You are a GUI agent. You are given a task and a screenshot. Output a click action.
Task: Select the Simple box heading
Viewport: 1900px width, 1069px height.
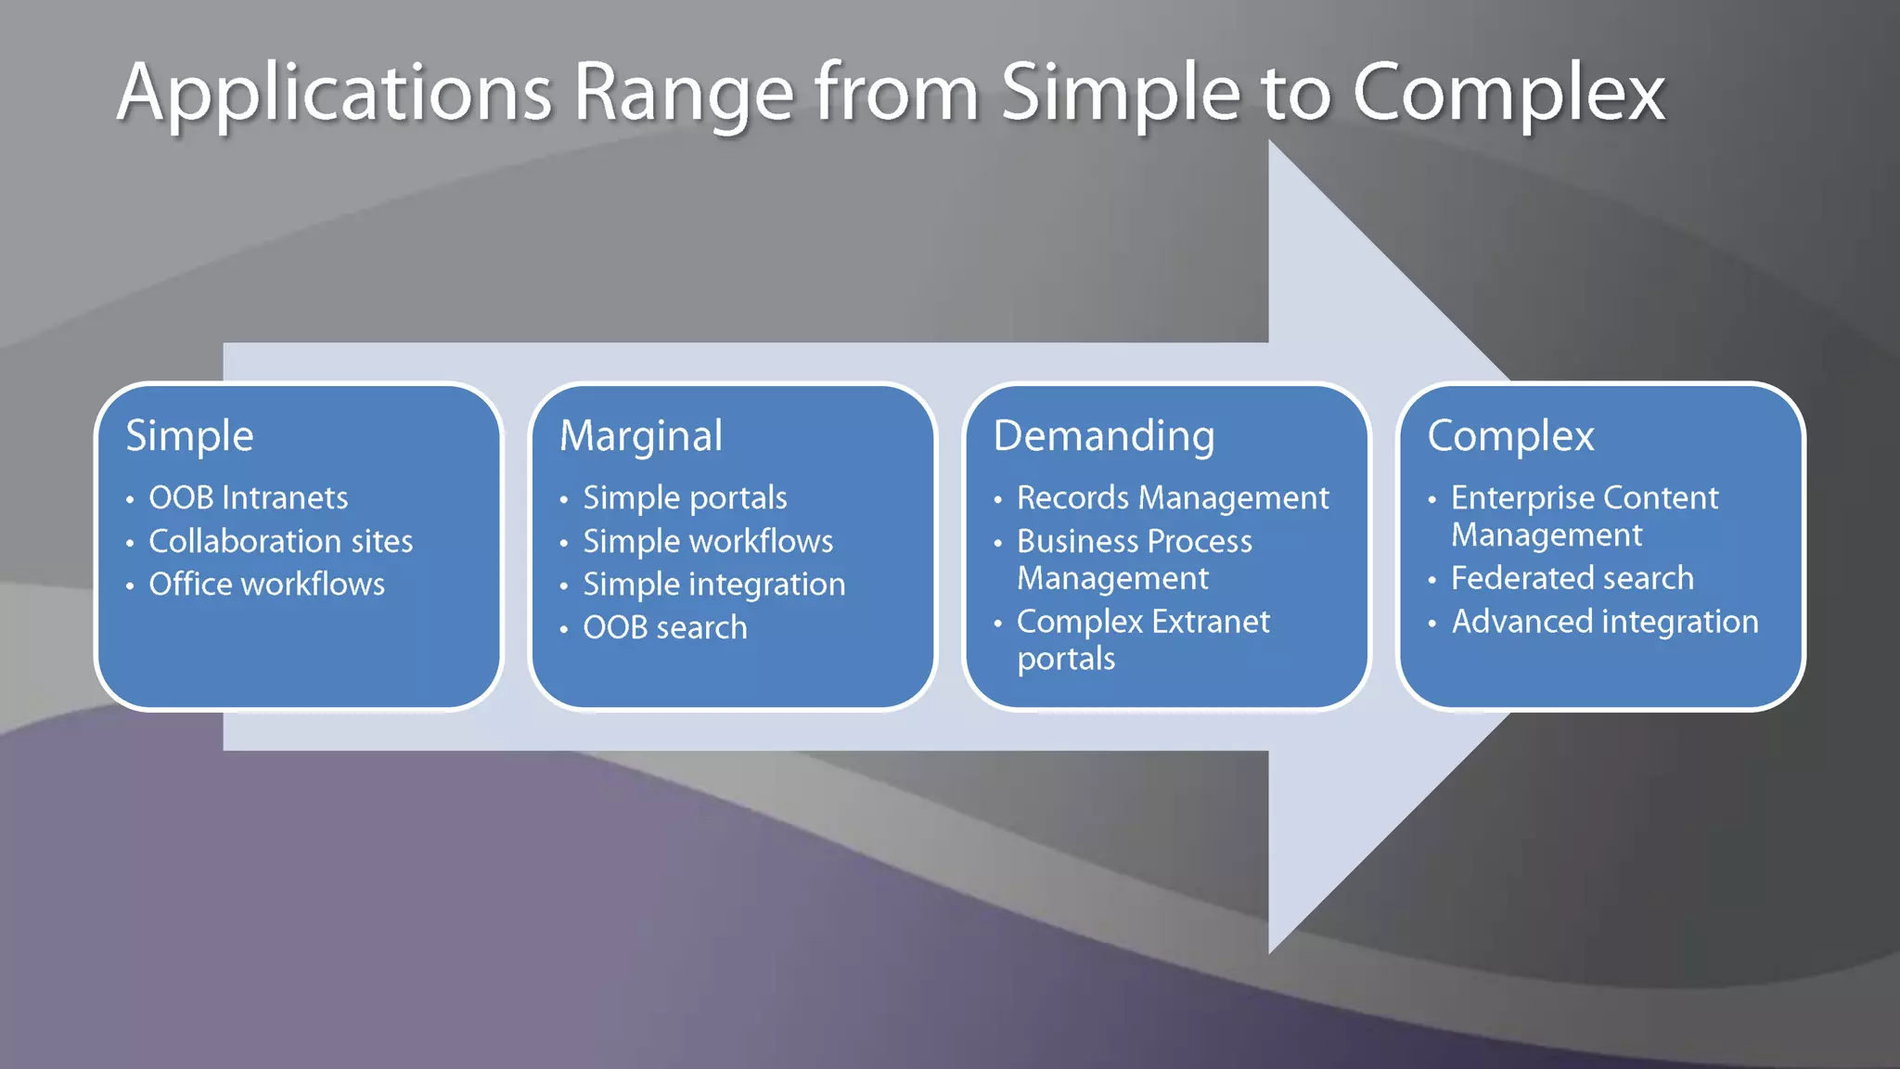189,436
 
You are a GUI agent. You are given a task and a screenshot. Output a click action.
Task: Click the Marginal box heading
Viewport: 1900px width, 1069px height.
641,436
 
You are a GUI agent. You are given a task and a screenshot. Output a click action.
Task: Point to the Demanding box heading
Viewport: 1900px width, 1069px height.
1104,436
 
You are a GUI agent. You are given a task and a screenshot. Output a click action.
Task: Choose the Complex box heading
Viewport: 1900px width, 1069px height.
1510,436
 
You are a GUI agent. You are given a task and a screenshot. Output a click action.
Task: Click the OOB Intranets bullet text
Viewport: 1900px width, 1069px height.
249,498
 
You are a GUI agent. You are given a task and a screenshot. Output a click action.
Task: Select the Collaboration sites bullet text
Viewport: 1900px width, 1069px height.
281,541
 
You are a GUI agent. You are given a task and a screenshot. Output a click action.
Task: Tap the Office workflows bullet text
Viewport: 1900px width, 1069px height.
267,585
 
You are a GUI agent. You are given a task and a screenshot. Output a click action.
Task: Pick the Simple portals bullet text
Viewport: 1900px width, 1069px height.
685,498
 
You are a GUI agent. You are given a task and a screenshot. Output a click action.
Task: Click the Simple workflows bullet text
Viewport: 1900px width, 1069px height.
708,541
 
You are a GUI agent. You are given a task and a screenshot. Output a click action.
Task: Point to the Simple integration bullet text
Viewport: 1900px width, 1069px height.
714,585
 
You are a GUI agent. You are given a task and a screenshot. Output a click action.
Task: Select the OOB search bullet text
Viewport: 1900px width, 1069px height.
665,628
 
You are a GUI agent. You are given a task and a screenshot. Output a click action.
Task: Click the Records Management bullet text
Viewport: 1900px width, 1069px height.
1173,498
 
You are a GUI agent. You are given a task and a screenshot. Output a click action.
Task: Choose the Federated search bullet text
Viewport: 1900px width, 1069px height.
1573,578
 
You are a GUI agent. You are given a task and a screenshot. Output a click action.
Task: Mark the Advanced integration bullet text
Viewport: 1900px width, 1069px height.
1605,622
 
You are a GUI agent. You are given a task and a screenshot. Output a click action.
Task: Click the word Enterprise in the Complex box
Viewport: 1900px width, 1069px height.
1522,498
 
